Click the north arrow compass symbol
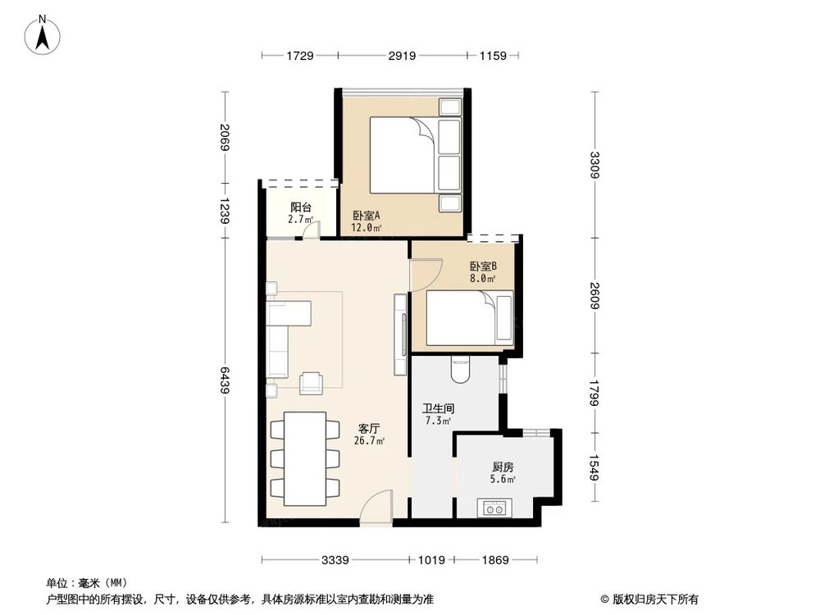click(43, 34)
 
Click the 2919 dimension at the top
click(402, 56)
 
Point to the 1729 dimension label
click(299, 56)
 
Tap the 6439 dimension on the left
click(225, 380)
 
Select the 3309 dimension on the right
click(594, 165)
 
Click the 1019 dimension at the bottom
click(431, 560)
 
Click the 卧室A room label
click(366, 215)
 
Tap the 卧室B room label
click(483, 266)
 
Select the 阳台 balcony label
click(301, 207)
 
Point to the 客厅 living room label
click(369, 428)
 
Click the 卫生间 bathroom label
click(438, 408)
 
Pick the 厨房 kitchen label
click(503, 467)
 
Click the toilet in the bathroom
click(460, 369)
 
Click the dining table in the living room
click(305, 458)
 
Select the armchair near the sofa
click(311, 383)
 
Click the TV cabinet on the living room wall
click(400, 335)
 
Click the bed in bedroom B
click(470, 318)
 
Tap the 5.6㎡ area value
click(503, 479)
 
